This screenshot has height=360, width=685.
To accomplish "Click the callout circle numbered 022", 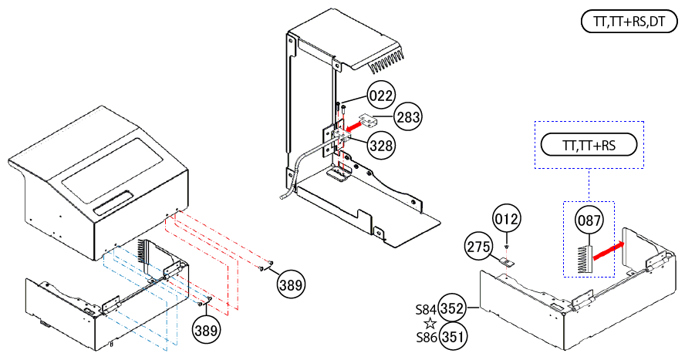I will click(x=381, y=96).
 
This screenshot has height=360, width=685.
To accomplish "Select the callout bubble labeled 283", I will click(x=410, y=117).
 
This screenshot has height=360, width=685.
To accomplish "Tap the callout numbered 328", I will click(x=381, y=145).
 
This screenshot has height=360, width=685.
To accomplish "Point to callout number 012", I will click(x=507, y=219).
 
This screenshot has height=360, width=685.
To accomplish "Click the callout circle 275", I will click(x=479, y=247).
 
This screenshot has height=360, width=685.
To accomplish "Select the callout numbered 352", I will click(x=453, y=308).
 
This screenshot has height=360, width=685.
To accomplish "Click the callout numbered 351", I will click(x=453, y=336).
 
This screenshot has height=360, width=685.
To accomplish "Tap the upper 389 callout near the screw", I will click(x=291, y=284).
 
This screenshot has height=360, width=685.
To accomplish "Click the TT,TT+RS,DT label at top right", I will click(x=629, y=22).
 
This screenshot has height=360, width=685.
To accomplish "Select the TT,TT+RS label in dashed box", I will click(x=588, y=145).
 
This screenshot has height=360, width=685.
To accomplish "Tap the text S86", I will click(x=427, y=337).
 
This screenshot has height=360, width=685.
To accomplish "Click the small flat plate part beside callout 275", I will click(x=507, y=261).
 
